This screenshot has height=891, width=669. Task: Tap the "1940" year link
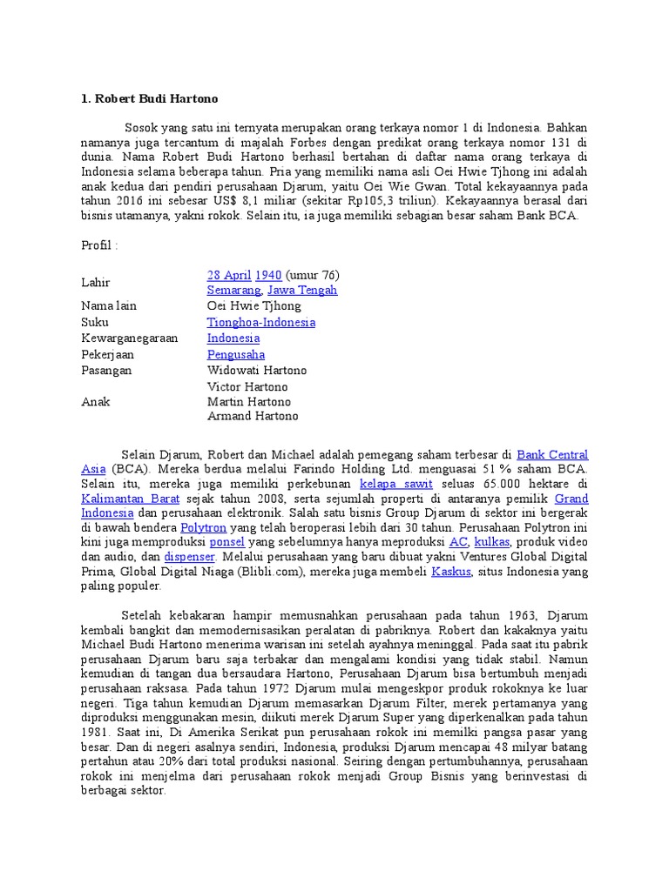(x=267, y=275)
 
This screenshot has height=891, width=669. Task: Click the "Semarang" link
(x=233, y=291)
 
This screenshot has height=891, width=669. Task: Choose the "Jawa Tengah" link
(x=302, y=291)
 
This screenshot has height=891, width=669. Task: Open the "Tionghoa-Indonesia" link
(x=261, y=322)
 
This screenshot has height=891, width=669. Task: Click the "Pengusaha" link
(x=236, y=354)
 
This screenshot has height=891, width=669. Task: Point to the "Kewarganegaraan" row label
(x=130, y=338)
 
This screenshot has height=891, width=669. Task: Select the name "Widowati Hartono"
(x=257, y=370)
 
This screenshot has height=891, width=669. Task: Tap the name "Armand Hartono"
(x=253, y=416)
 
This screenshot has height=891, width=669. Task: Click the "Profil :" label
(x=99, y=245)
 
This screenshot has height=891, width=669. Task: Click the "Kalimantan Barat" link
(x=131, y=499)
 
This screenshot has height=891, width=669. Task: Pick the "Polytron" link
(x=203, y=528)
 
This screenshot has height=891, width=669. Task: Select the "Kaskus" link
(x=451, y=572)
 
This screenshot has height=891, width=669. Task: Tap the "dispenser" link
(x=190, y=557)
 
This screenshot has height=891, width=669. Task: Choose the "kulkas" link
(x=492, y=542)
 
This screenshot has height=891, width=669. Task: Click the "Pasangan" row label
(x=107, y=370)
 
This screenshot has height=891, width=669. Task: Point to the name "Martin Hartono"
(x=249, y=401)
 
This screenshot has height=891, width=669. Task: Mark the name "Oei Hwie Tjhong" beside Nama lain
(x=254, y=306)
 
